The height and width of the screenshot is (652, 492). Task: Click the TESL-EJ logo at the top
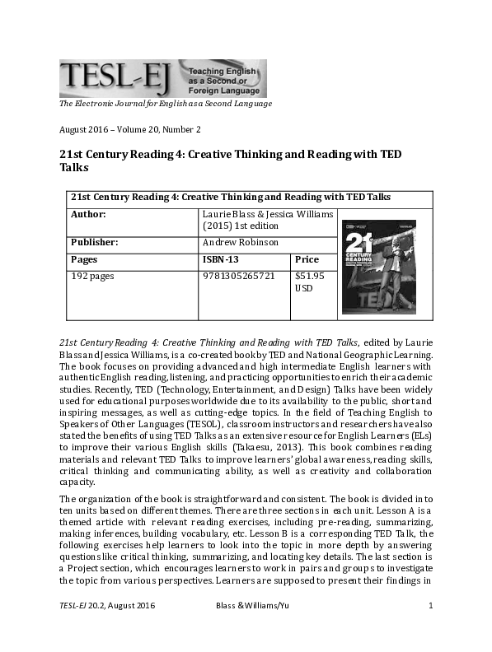click(x=162, y=78)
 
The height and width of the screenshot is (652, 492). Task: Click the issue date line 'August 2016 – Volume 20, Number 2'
click(x=129, y=129)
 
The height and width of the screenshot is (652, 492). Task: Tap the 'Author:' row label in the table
click(x=90, y=214)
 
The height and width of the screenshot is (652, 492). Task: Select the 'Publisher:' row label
click(x=96, y=243)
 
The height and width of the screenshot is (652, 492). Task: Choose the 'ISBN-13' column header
click(x=220, y=259)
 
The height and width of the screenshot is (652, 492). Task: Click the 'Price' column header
click(x=307, y=259)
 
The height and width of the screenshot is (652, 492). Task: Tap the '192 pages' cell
click(x=92, y=276)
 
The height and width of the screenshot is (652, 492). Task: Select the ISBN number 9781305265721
click(x=239, y=276)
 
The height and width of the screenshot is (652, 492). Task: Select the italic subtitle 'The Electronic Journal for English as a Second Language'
click(x=165, y=103)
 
